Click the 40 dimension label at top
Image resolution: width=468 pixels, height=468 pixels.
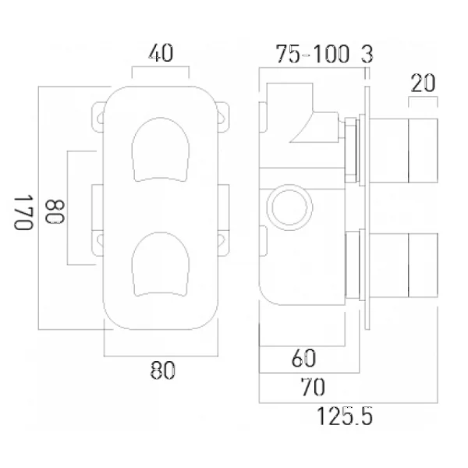pyautogui.click(x=161, y=53)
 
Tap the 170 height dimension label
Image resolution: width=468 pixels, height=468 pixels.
pyautogui.click(x=23, y=212)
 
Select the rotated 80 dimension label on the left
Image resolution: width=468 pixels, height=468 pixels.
pyautogui.click(x=55, y=211)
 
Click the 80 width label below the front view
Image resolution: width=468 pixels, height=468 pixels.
pyautogui.click(x=162, y=370)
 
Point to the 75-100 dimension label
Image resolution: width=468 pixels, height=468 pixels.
pyautogui.click(x=312, y=54)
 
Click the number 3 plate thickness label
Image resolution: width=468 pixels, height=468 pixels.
pyautogui.click(x=367, y=54)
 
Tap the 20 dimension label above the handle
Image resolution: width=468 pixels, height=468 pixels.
pyautogui.click(x=423, y=83)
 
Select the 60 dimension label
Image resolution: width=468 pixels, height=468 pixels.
pyautogui.click(x=303, y=358)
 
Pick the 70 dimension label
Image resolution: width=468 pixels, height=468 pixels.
pyautogui.click(x=313, y=387)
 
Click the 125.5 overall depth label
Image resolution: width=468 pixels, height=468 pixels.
pyautogui.click(x=345, y=416)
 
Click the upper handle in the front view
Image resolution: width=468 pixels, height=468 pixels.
pyautogui.click(x=161, y=150)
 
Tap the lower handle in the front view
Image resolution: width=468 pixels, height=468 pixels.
pyautogui.click(x=161, y=264)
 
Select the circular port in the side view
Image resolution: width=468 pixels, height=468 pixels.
pyautogui.click(x=289, y=207)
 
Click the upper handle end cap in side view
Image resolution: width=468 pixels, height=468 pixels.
pyautogui.click(x=423, y=151)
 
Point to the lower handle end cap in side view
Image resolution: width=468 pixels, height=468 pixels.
pyautogui.click(x=423, y=265)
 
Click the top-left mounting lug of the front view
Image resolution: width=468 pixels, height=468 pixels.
pyautogui.click(x=98, y=116)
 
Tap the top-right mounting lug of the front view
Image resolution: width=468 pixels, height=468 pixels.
pyautogui.click(x=223, y=116)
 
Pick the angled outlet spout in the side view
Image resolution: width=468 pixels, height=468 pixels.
pyautogui.click(x=317, y=127)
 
